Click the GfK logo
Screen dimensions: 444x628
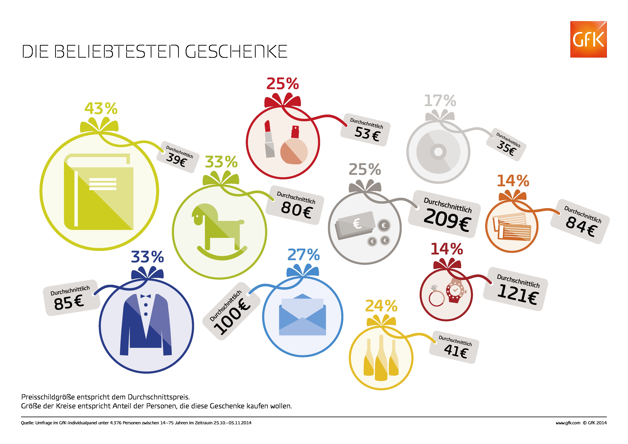point(588,39)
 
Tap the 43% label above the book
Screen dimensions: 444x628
point(101,109)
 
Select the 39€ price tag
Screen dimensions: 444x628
point(178,157)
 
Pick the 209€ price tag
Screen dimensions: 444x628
point(445,214)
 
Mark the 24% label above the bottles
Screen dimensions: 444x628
point(381,306)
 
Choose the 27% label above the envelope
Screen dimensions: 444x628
point(304,255)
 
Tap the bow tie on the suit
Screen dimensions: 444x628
point(146,296)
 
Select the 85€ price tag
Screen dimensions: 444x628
point(71,298)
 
